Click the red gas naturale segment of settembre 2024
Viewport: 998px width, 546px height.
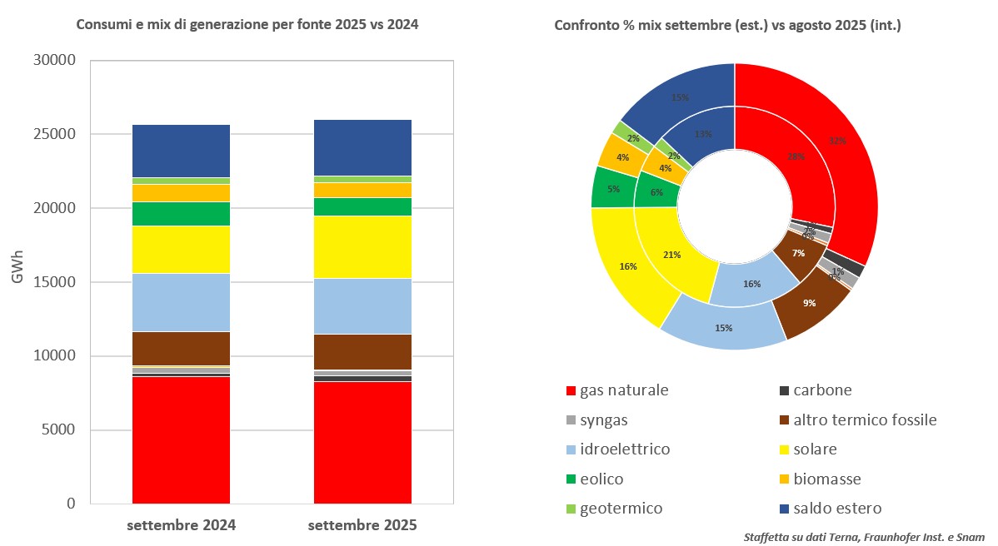point(181,440)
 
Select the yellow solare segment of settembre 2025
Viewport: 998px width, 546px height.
point(362,246)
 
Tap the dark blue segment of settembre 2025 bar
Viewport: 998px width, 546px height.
point(362,147)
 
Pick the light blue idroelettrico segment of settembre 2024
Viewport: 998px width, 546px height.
point(181,302)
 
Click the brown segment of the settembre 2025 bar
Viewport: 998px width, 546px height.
point(362,351)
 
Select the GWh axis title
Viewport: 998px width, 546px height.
point(17,282)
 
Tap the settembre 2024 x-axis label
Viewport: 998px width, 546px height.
point(181,526)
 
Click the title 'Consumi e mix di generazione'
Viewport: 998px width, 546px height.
point(247,25)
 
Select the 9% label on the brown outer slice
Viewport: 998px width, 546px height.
point(809,303)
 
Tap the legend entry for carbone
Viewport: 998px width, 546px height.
point(821,390)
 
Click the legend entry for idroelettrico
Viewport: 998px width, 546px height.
point(625,449)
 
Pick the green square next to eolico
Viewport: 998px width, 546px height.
point(571,479)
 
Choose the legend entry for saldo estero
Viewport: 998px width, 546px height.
point(836,509)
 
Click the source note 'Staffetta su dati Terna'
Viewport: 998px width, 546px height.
point(864,538)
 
